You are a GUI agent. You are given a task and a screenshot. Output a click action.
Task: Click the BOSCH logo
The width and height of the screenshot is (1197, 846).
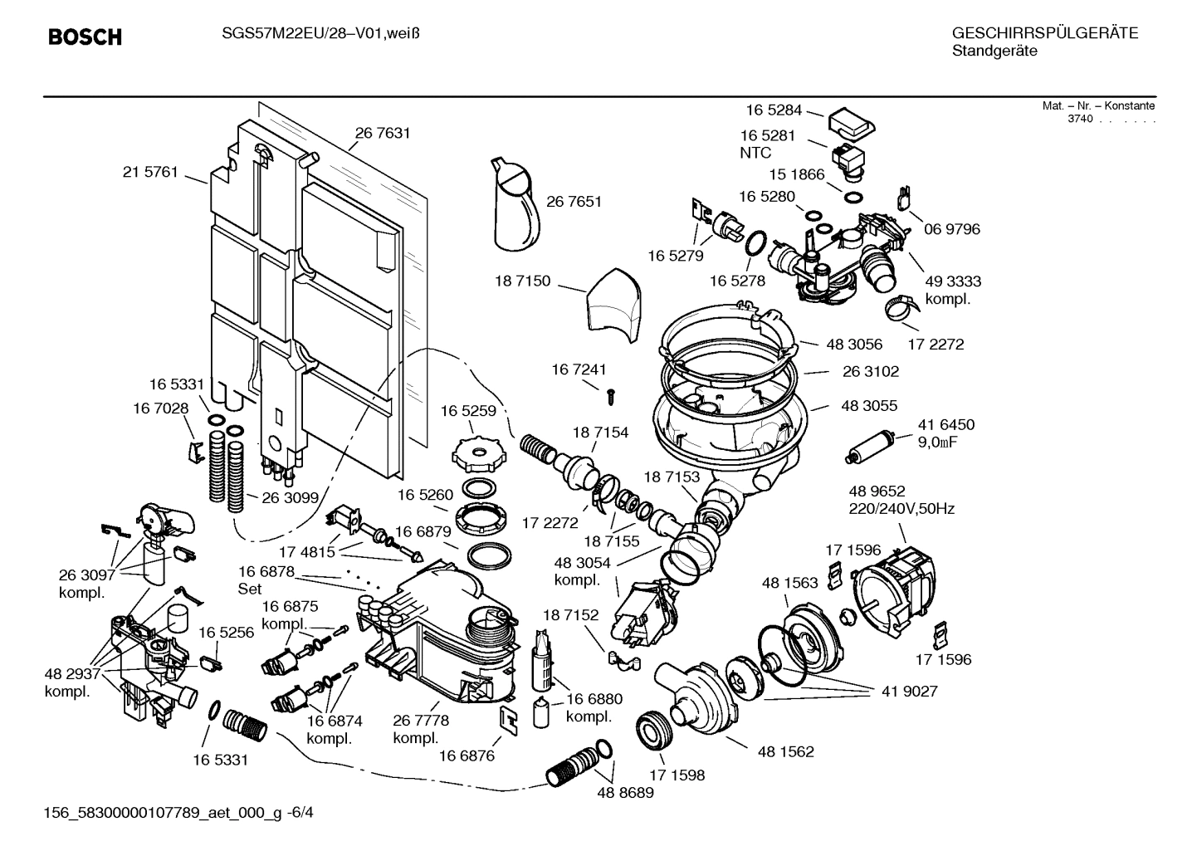[85, 37]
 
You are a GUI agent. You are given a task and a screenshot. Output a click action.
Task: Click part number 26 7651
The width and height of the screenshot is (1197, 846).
[574, 202]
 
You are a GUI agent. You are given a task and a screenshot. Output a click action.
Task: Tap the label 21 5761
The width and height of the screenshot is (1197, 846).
[150, 173]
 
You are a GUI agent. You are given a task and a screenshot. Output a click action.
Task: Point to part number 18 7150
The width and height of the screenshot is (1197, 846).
[522, 281]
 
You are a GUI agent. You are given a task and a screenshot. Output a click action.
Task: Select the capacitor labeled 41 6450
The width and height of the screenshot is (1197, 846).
[870, 445]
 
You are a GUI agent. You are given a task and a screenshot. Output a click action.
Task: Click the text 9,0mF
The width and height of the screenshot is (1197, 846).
[937, 443]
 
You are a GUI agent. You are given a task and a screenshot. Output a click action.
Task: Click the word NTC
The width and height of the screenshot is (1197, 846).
[755, 153]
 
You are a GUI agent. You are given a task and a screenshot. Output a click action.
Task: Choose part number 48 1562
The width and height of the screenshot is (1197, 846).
[785, 751]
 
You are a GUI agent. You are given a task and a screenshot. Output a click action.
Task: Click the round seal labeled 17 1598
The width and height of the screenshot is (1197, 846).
[652, 730]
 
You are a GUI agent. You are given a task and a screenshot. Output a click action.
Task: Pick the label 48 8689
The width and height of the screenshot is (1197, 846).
[625, 793]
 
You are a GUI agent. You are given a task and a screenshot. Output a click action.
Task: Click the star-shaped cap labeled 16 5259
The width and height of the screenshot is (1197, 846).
[474, 452]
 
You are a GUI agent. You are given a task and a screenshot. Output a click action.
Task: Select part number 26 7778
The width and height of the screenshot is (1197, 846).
[421, 721]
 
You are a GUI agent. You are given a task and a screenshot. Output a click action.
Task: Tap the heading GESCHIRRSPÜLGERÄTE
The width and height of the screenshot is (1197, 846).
[1044, 34]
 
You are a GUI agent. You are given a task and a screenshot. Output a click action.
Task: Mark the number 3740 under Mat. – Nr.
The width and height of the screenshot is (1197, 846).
[1080, 119]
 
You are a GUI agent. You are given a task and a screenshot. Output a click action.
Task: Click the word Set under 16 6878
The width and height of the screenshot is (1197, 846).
[250, 589]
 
